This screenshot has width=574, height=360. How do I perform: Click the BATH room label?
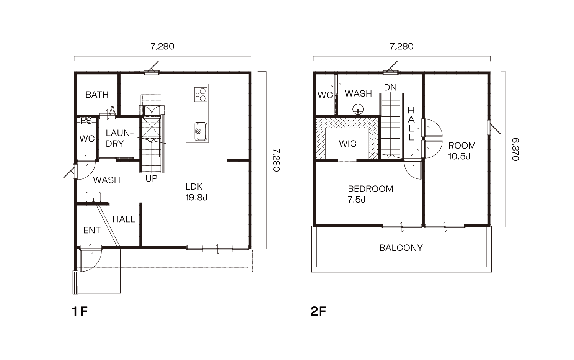[x=97, y=95]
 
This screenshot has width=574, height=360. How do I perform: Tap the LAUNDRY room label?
[x=119, y=138]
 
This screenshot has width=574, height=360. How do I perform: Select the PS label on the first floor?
[x=86, y=121]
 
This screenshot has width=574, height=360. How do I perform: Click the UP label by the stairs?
[x=151, y=178]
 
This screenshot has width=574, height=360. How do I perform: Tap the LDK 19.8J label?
[x=196, y=192]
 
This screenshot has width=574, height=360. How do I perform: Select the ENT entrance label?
[x=92, y=230]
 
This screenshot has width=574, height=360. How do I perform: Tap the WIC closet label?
[x=347, y=144]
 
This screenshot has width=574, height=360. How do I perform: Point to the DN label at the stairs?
[x=390, y=87]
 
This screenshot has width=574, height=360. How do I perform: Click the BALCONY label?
[x=401, y=248]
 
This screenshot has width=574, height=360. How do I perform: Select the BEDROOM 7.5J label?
[x=370, y=194]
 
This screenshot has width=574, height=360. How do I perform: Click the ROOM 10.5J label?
[x=462, y=151]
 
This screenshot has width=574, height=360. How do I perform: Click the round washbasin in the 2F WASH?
[x=358, y=109]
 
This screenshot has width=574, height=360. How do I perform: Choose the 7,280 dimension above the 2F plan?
[x=401, y=47]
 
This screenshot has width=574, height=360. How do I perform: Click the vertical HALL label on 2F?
[x=411, y=124]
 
